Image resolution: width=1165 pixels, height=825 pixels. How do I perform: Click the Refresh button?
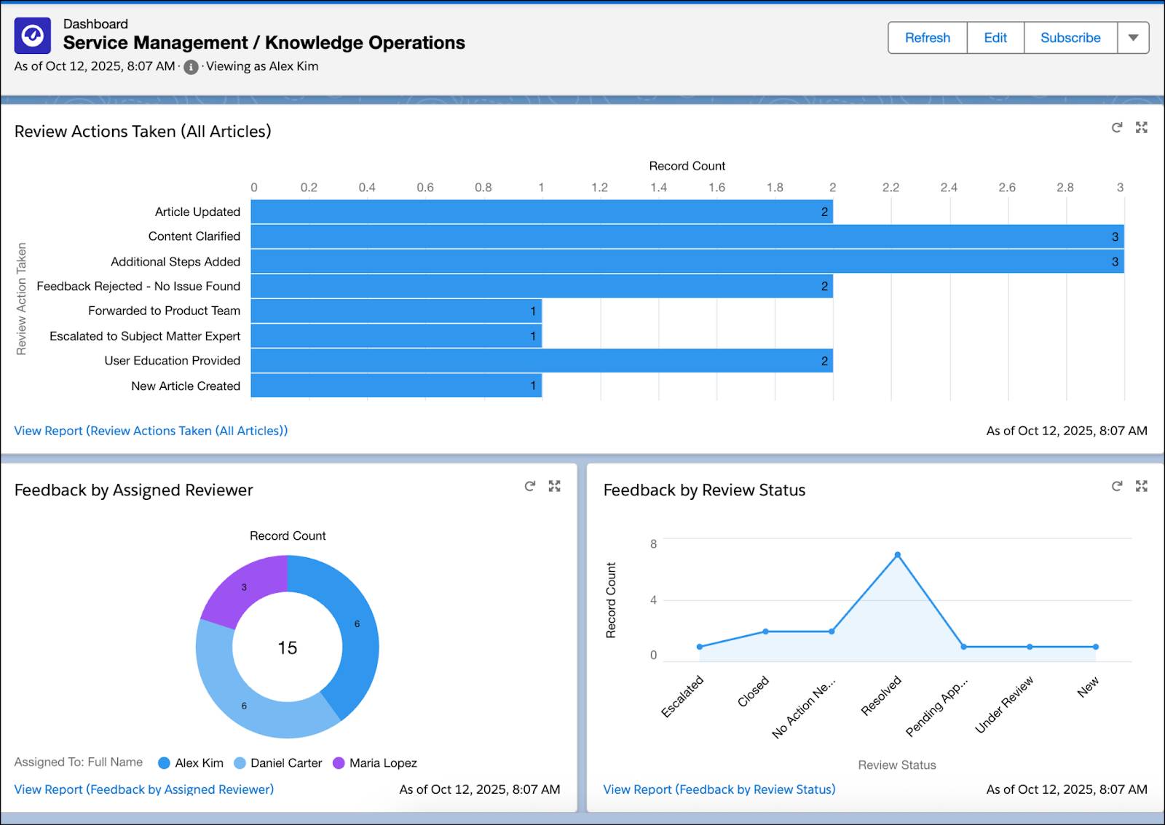pos(927,38)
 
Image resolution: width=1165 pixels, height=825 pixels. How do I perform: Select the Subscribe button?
pos(1070,38)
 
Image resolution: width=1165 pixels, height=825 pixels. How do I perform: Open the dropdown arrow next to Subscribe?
pos(1133,38)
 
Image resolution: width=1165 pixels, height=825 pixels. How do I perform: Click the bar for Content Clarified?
pos(687,236)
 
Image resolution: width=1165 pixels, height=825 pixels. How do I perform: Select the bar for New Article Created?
pos(396,386)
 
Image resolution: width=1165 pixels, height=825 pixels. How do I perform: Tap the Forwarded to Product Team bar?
pos(396,311)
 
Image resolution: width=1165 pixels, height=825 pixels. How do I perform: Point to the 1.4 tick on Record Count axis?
pos(658,188)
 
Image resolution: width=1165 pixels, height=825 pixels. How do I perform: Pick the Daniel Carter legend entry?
pos(278,762)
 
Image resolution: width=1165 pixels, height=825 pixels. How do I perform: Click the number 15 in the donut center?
pos(288,647)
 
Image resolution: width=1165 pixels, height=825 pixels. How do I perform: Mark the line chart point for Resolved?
pos(898,555)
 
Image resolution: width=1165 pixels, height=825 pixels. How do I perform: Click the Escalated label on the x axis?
pos(682,696)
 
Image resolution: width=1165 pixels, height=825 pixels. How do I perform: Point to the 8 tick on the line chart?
pos(653,543)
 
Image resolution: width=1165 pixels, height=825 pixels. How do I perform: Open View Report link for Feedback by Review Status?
pos(719,789)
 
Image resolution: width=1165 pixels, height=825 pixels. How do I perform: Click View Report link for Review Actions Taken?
pos(151,431)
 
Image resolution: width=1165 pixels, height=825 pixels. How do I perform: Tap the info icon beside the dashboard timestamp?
pos(191,67)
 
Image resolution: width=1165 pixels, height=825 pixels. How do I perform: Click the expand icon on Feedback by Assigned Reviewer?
pos(555,486)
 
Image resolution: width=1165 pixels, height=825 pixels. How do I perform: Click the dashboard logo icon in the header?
pos(33,36)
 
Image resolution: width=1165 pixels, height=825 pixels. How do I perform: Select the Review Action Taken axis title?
pos(21,298)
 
